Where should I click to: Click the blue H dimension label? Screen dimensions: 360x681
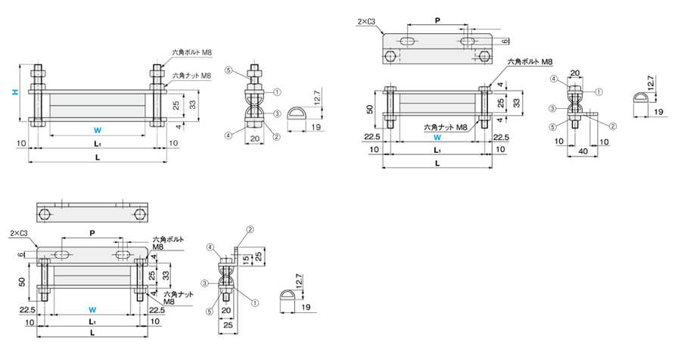point(14,93)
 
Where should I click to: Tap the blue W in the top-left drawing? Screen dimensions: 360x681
point(96,129)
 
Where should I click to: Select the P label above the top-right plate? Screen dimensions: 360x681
point(437,20)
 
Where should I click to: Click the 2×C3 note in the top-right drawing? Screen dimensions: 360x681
point(368,23)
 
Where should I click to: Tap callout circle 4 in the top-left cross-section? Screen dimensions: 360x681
point(228,136)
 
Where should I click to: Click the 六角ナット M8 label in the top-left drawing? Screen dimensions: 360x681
point(191,76)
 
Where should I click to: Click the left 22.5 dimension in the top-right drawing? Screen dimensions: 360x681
point(372,137)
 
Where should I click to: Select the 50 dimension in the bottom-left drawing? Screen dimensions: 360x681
point(21,281)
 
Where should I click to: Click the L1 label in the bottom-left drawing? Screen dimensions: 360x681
point(92,321)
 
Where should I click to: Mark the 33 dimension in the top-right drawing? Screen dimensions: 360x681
point(517,101)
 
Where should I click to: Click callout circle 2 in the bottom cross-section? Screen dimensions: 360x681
point(250,229)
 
